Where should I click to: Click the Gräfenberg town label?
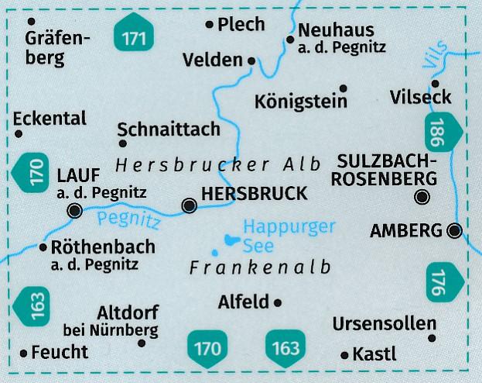point(58,48)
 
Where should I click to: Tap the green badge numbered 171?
point(133,35)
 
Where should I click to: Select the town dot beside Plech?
point(209,25)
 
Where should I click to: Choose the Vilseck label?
point(421,98)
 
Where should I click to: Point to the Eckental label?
point(50,119)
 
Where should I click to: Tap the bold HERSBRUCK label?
point(253,195)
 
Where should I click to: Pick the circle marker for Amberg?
point(455,230)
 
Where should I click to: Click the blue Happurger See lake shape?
point(231,241)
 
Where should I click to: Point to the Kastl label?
point(374,354)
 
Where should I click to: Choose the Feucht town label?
point(60,352)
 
